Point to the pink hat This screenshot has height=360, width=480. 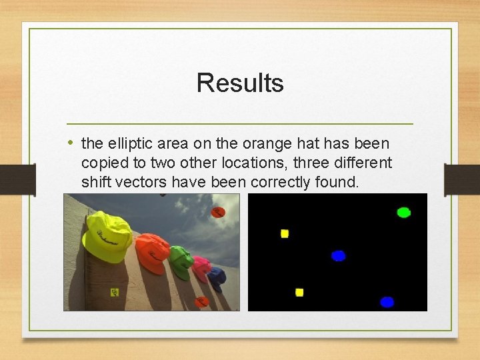201,268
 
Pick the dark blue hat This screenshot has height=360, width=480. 216,276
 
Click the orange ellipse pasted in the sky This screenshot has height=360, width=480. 218,212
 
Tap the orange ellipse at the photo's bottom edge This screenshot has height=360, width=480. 201,301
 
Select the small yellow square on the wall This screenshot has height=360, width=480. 115,291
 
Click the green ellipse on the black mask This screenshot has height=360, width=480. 403,213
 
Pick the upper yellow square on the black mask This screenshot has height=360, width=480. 285,233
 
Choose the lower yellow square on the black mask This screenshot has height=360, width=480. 299,292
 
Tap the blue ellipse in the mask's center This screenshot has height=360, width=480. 339,255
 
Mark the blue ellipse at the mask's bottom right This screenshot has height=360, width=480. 387,302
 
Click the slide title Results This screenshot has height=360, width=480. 240,83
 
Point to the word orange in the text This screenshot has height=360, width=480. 255,143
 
